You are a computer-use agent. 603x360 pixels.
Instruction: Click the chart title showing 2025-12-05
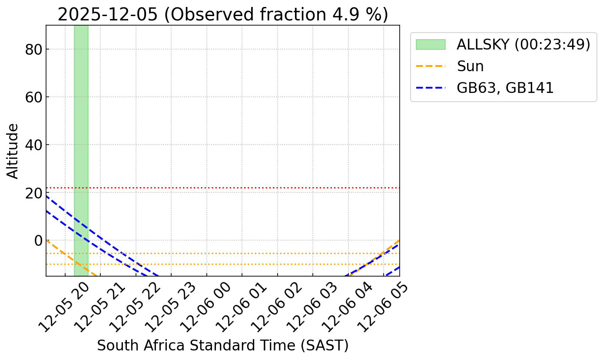tap(222, 15)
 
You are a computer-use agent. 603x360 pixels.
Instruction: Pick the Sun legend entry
tap(470, 66)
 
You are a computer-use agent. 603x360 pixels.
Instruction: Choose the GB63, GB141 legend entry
tap(505, 88)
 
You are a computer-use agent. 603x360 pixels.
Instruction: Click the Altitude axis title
tap(13, 151)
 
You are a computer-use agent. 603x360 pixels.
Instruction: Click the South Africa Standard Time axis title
tap(222, 346)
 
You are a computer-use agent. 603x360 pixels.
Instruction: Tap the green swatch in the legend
tap(431, 45)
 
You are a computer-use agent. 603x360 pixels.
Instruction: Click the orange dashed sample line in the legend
tap(431, 66)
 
